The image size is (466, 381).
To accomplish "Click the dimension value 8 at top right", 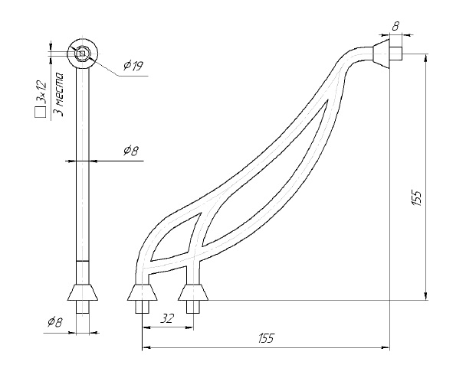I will point(395,26).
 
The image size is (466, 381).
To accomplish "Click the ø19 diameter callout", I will point(133,67).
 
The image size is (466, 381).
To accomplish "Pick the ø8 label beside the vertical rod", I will point(130,151).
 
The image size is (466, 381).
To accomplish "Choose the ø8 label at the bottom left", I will point(54,322).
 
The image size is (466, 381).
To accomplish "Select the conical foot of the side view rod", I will point(84,291).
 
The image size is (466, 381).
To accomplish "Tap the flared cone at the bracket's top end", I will point(381,54).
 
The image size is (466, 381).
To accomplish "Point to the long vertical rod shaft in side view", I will point(84,168).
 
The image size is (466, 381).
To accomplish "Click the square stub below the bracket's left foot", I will point(143,307).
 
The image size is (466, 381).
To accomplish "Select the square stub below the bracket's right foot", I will point(192,307).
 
